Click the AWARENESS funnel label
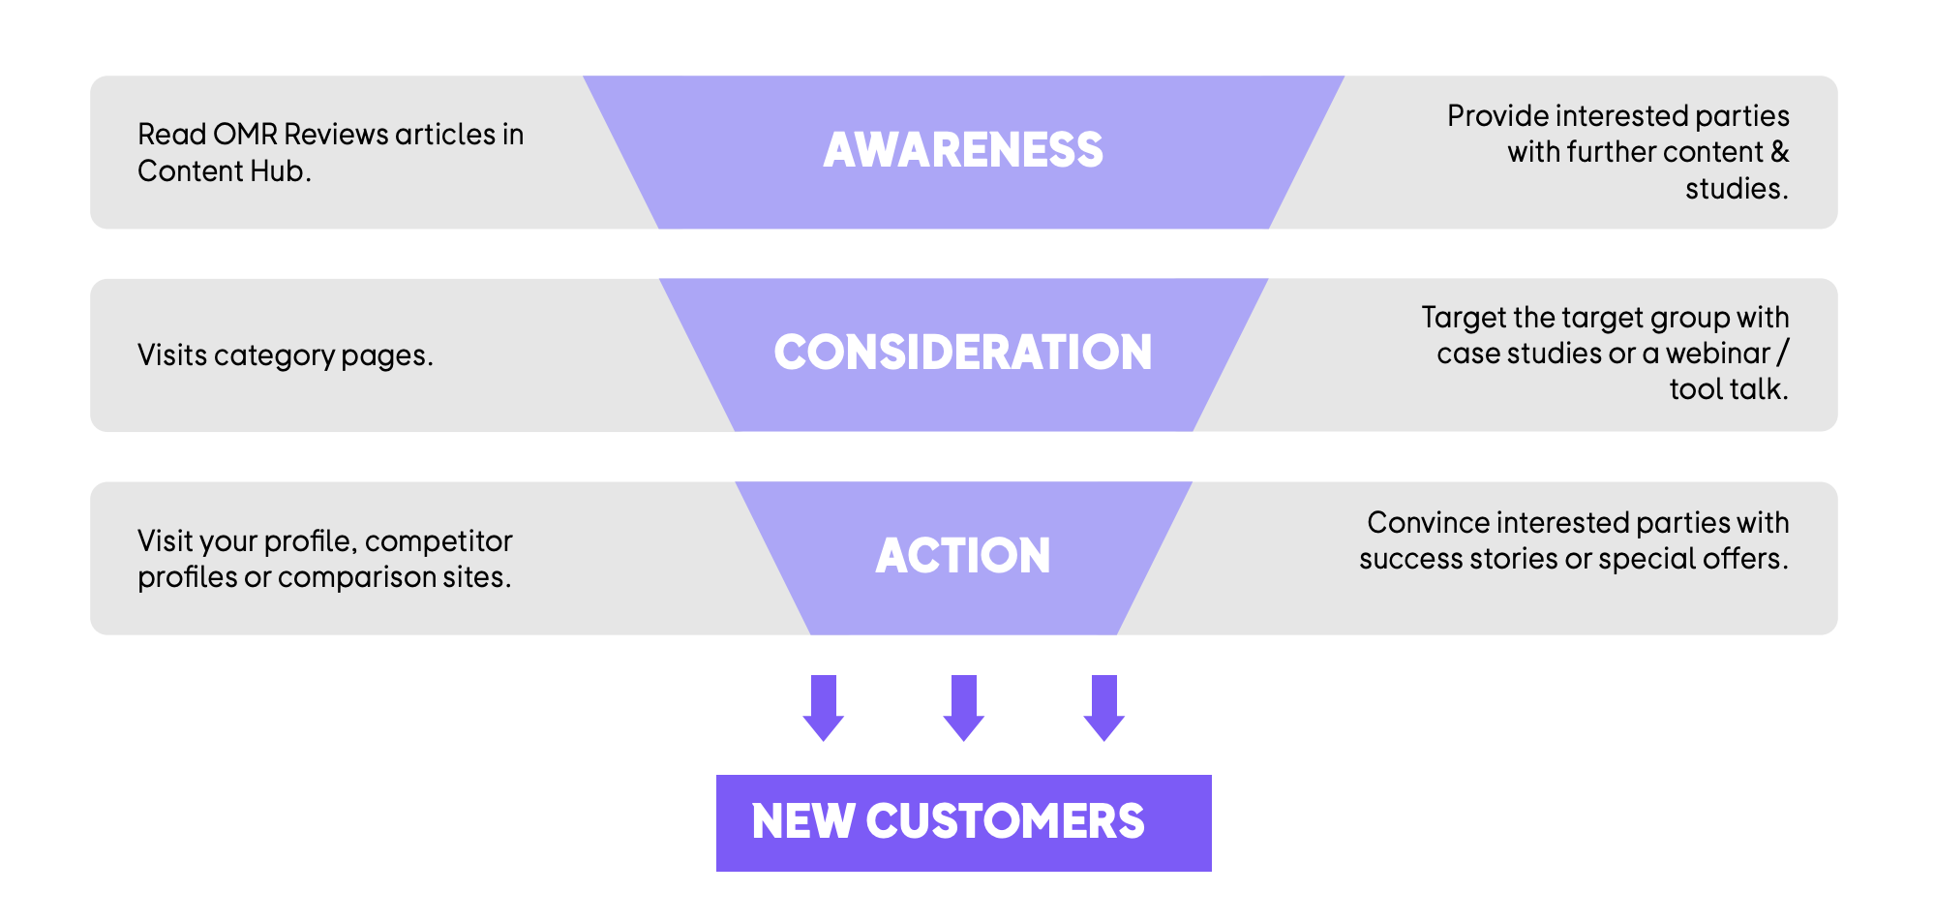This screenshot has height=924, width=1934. click(963, 150)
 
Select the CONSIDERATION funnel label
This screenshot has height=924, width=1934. click(963, 353)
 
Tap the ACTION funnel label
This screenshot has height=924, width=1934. click(963, 556)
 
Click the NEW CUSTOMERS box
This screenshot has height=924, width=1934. click(964, 822)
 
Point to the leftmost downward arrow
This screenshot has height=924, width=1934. click(824, 708)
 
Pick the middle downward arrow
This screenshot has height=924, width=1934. click(964, 708)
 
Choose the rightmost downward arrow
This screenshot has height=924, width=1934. click(1104, 708)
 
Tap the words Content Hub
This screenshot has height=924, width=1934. click(224, 170)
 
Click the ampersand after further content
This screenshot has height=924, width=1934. click(1780, 152)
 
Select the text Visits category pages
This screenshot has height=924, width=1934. click(286, 355)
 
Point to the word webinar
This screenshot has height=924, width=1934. click(1718, 354)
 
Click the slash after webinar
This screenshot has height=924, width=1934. click(1784, 354)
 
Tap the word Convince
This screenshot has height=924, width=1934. click(1428, 523)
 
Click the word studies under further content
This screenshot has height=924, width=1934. click(1737, 188)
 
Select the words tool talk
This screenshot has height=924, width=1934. click(1729, 389)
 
